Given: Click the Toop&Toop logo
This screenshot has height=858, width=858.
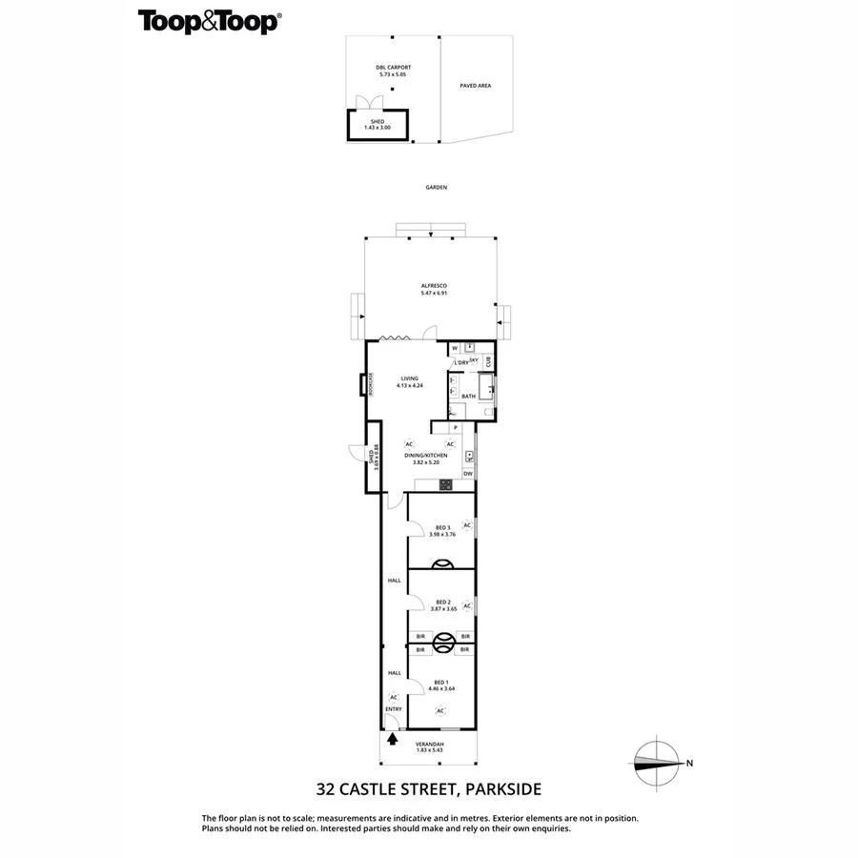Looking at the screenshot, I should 209,21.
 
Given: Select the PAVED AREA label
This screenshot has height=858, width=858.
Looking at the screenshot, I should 475,86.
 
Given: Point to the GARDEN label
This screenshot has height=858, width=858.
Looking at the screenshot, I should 437,188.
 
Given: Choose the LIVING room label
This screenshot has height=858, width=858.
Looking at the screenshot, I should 410,378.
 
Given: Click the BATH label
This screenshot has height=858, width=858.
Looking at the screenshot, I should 468,396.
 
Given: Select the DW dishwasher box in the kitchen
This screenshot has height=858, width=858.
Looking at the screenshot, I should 468,474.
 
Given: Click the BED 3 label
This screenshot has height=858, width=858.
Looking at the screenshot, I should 442,527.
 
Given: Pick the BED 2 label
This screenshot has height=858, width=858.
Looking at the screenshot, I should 442,602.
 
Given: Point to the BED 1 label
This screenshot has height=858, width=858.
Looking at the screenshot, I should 440,682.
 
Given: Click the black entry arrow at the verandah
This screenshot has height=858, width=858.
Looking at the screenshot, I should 392,739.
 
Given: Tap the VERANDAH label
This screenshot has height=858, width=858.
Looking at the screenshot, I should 429,743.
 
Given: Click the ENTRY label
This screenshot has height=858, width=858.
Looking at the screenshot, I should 393,709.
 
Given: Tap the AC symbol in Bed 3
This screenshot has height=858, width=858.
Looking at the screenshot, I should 467,524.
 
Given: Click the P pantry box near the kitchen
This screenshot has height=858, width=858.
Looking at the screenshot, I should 456,428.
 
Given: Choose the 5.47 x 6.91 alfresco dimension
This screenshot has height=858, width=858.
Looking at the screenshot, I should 434,293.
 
